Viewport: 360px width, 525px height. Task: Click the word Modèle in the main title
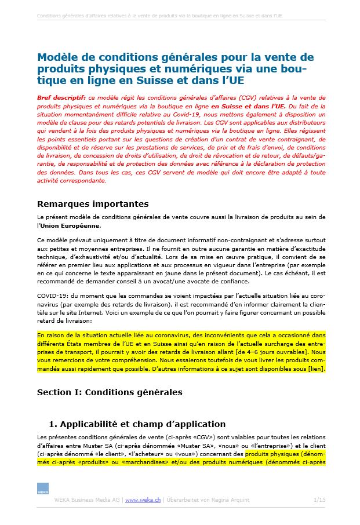click(57, 57)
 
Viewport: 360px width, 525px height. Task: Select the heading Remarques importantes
click(93, 204)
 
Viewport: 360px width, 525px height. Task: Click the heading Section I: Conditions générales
click(110, 392)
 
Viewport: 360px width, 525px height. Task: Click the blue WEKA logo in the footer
click(43, 488)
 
